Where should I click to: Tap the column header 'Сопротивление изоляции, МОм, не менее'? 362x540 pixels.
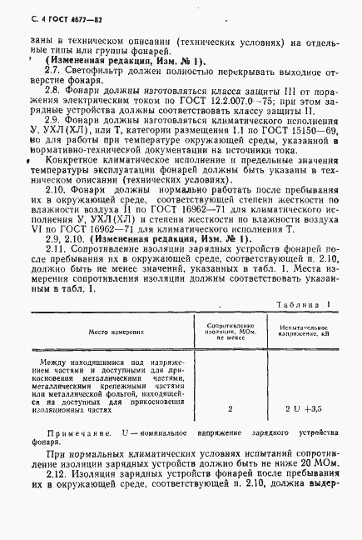tap(229, 332)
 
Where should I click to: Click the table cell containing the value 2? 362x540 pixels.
tap(230, 409)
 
